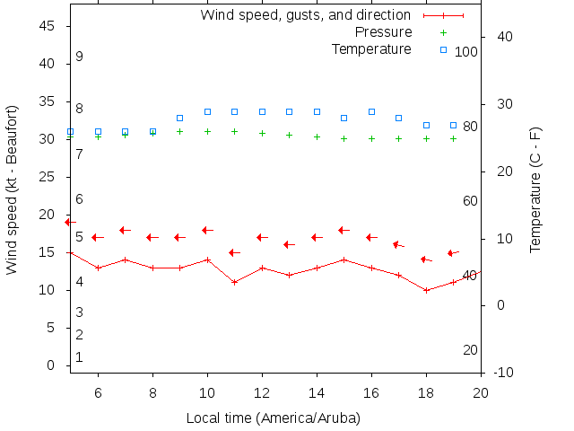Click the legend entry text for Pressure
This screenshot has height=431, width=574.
(x=371, y=32)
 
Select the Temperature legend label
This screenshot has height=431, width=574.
(x=371, y=48)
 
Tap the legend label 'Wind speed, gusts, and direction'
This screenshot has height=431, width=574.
(x=306, y=15)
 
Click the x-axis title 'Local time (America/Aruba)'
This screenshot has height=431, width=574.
(x=273, y=418)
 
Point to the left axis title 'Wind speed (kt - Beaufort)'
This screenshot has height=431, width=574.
(x=12, y=189)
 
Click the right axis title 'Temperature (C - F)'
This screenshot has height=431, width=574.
(x=535, y=189)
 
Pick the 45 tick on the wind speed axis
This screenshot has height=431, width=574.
(x=48, y=26)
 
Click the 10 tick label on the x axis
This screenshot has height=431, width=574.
(x=207, y=392)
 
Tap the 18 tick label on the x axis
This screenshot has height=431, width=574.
(x=426, y=392)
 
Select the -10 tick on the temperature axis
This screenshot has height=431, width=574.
(x=503, y=373)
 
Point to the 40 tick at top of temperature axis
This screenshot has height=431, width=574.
(x=503, y=37)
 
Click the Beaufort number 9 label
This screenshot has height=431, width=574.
(x=79, y=57)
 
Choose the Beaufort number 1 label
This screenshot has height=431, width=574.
(x=79, y=357)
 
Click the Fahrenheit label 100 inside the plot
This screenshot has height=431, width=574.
(x=466, y=52)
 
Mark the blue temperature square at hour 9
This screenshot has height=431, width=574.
(x=179, y=118)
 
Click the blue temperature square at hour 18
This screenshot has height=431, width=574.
(x=426, y=125)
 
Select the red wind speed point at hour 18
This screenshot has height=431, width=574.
(x=426, y=290)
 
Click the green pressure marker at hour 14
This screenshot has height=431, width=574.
(x=317, y=136)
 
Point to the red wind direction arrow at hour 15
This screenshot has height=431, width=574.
(x=343, y=230)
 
